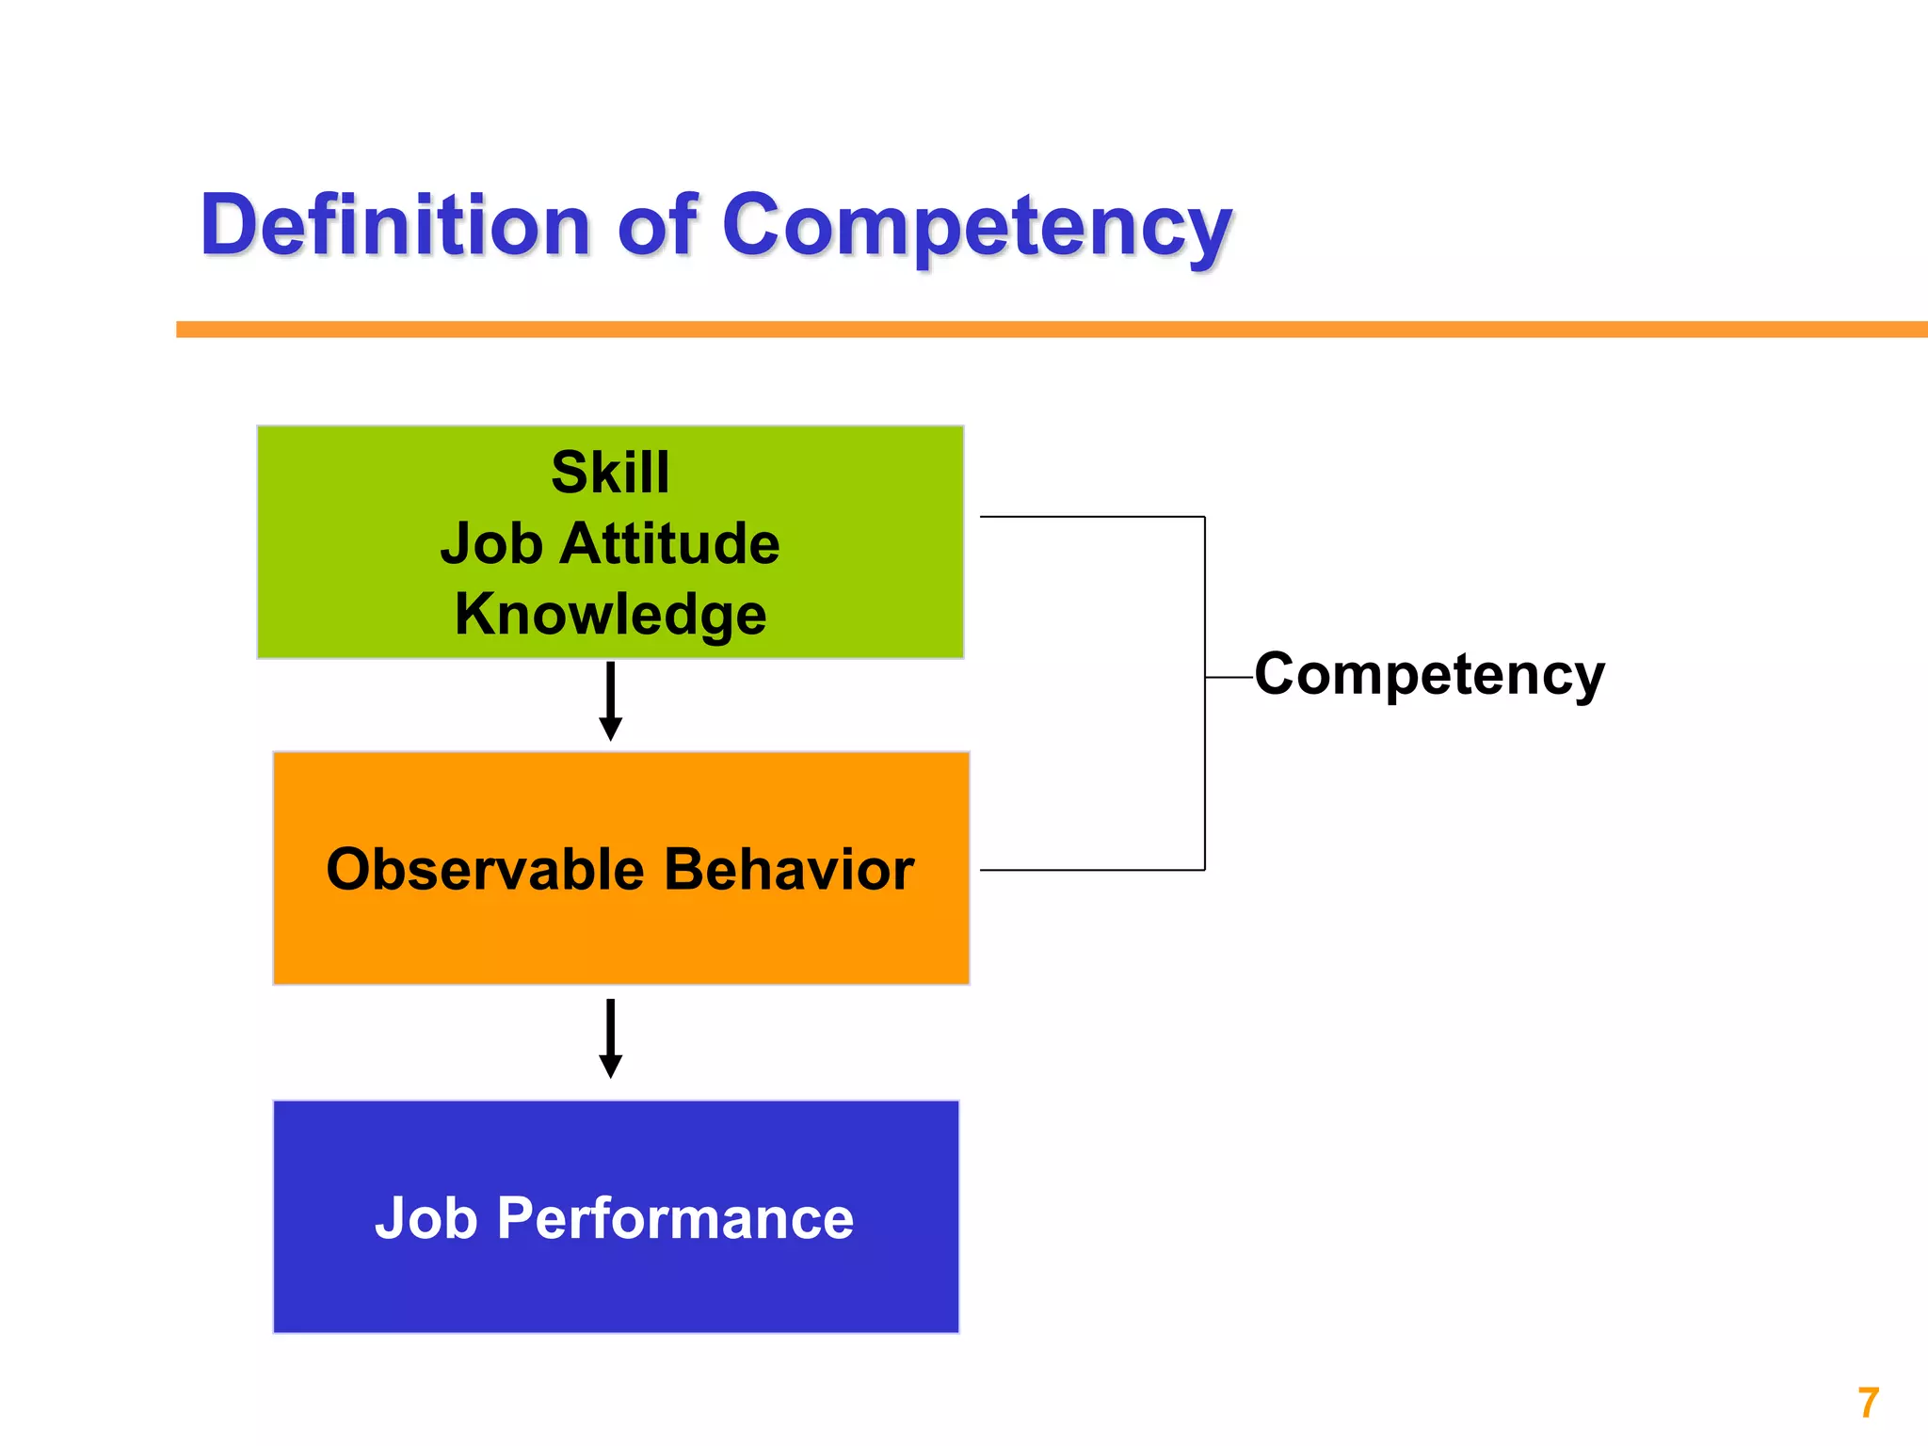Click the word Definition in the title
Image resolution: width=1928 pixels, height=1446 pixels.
pos(395,226)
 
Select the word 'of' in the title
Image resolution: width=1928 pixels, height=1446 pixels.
pos(656,226)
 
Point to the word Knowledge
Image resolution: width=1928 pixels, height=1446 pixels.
pos(610,615)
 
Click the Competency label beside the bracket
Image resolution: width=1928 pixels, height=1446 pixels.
pos(1429,675)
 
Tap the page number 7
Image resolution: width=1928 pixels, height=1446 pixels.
pos(1868,1403)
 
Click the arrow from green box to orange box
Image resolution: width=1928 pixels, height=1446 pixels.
pos(610,700)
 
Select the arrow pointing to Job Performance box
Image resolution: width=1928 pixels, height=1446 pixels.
pos(610,1037)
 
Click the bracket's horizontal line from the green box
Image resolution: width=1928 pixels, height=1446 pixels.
pos(1092,517)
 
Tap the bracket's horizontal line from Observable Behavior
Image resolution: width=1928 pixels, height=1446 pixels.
pos(1092,870)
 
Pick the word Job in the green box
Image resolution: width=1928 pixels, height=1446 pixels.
pos(491,544)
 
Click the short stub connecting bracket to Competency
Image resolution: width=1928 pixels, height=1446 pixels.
pos(1229,677)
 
